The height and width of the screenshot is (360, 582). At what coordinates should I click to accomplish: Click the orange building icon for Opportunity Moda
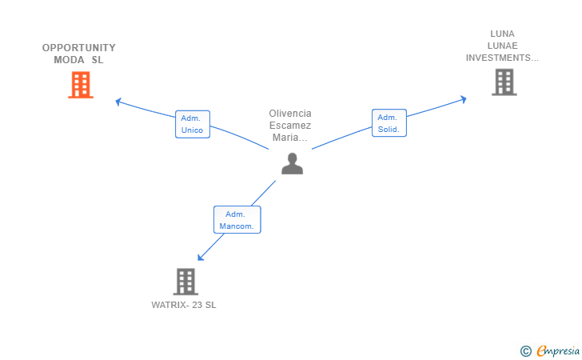[81, 85]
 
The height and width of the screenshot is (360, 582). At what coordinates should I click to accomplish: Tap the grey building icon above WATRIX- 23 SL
[185, 282]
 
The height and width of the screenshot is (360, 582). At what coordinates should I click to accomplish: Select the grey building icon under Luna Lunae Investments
[504, 82]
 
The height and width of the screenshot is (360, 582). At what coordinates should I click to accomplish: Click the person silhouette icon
[292, 163]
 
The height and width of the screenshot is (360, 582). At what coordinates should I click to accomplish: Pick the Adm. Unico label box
[193, 124]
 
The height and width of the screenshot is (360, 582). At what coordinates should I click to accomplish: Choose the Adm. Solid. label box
[389, 123]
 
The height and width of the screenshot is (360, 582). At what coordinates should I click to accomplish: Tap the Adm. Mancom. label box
[237, 219]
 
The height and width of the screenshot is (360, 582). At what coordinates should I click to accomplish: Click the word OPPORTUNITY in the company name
[78, 48]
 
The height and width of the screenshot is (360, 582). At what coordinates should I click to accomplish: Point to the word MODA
[69, 60]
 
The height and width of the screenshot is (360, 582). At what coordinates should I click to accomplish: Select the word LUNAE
[502, 46]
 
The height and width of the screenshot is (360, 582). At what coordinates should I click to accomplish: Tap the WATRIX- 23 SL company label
[184, 305]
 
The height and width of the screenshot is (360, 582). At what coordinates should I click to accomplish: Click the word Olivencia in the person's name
[290, 114]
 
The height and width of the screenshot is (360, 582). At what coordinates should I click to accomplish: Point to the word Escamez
[290, 126]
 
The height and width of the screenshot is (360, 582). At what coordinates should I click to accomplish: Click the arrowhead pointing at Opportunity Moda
[118, 102]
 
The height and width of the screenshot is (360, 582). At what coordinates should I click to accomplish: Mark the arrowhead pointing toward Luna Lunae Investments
[463, 99]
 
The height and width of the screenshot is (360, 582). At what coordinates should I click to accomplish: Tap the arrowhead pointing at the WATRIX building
[201, 257]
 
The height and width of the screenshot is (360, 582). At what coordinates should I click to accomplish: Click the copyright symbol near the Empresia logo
[525, 351]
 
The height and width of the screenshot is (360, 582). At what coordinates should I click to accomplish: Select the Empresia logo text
[558, 350]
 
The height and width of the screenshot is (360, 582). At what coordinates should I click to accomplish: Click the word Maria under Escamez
[285, 138]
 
